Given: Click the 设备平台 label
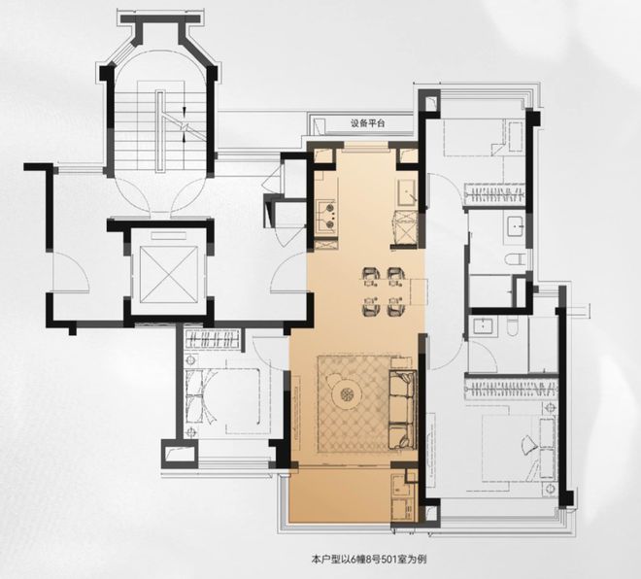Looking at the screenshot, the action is point(367,124).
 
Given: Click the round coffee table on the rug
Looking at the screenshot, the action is point(347,394).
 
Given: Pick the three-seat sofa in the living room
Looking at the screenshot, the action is point(403,410).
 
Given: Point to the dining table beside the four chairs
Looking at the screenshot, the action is point(419,291).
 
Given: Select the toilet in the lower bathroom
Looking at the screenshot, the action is point(513,326).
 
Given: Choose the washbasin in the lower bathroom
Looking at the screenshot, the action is point(484,325).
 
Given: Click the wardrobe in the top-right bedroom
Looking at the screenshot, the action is point(495,193).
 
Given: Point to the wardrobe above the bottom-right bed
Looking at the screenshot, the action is point(512,389).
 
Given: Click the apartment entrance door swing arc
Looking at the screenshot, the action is point(288,272).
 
